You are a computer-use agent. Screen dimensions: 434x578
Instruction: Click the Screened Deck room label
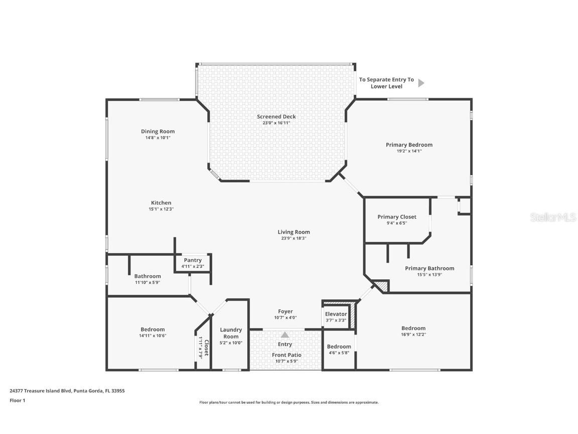coord(276,117)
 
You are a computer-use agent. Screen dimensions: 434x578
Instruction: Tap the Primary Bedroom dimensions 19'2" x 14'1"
coord(409,151)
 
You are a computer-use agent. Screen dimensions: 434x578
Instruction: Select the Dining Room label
coord(158,132)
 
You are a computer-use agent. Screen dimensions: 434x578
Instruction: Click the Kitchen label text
coord(161,203)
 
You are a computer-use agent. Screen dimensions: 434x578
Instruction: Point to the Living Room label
coord(294,232)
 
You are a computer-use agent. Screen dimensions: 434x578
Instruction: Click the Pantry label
coord(193,260)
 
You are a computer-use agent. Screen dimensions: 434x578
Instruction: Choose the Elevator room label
coord(336,314)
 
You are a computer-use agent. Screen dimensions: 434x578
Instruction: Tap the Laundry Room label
coord(231,333)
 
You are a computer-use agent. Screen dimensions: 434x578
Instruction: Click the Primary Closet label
coord(397,217)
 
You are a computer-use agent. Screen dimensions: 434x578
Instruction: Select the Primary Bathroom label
coord(429,268)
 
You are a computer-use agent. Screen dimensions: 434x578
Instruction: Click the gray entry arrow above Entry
coord(285,335)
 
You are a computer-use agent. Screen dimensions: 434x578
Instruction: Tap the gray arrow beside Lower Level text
coord(421,83)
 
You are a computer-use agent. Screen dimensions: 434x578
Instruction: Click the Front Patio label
coord(287,355)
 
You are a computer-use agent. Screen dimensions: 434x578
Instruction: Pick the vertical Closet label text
coord(206,347)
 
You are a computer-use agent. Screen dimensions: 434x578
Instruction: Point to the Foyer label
coord(285,311)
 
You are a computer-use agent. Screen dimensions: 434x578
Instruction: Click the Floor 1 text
coord(17,400)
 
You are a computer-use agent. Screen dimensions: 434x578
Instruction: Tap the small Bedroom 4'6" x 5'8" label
coord(339,347)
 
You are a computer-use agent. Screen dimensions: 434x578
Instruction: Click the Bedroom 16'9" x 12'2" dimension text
coord(413,334)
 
